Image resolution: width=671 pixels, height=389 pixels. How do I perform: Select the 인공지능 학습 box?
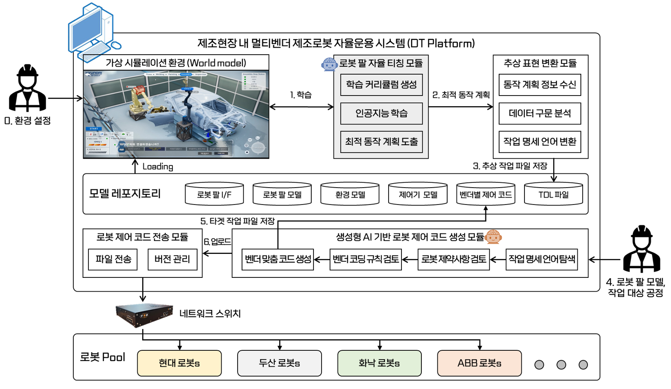pyautogui.click(x=381, y=113)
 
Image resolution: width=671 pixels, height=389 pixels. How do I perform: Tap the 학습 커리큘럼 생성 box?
pyautogui.click(x=381, y=84)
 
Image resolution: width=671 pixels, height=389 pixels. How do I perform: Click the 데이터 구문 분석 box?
pyautogui.click(x=540, y=113)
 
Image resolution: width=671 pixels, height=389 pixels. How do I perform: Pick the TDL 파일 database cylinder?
pyautogui.click(x=553, y=194)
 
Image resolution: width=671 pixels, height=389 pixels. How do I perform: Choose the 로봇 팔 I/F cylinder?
pyautogui.click(x=214, y=194)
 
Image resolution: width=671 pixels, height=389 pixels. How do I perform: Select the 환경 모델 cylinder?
pyautogui.click(x=350, y=194)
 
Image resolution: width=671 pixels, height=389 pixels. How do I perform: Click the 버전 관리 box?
pyautogui.click(x=172, y=259)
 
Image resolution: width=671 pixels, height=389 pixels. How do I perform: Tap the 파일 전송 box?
pyautogui.click(x=113, y=259)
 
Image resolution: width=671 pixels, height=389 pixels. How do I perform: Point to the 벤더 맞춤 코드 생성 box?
pyautogui.click(x=278, y=259)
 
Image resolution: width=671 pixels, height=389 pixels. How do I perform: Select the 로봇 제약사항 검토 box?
pyautogui.click(x=453, y=259)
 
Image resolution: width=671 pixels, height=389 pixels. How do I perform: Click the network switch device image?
pyautogui.click(x=144, y=315)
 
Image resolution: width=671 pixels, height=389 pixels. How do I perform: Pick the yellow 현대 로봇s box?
pyautogui.click(x=179, y=363)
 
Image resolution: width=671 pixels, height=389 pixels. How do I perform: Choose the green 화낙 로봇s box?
pyautogui.click(x=379, y=363)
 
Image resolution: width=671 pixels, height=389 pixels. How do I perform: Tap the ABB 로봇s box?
pyautogui.click(x=479, y=363)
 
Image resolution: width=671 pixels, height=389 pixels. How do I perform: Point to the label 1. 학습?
pyautogui.click(x=301, y=95)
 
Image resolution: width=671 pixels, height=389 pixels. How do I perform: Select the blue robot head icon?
pyautogui.click(x=329, y=64)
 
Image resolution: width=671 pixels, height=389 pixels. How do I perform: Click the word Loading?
pyautogui.click(x=158, y=167)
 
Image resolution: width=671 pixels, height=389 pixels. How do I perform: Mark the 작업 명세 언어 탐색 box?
pyautogui.click(x=542, y=259)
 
